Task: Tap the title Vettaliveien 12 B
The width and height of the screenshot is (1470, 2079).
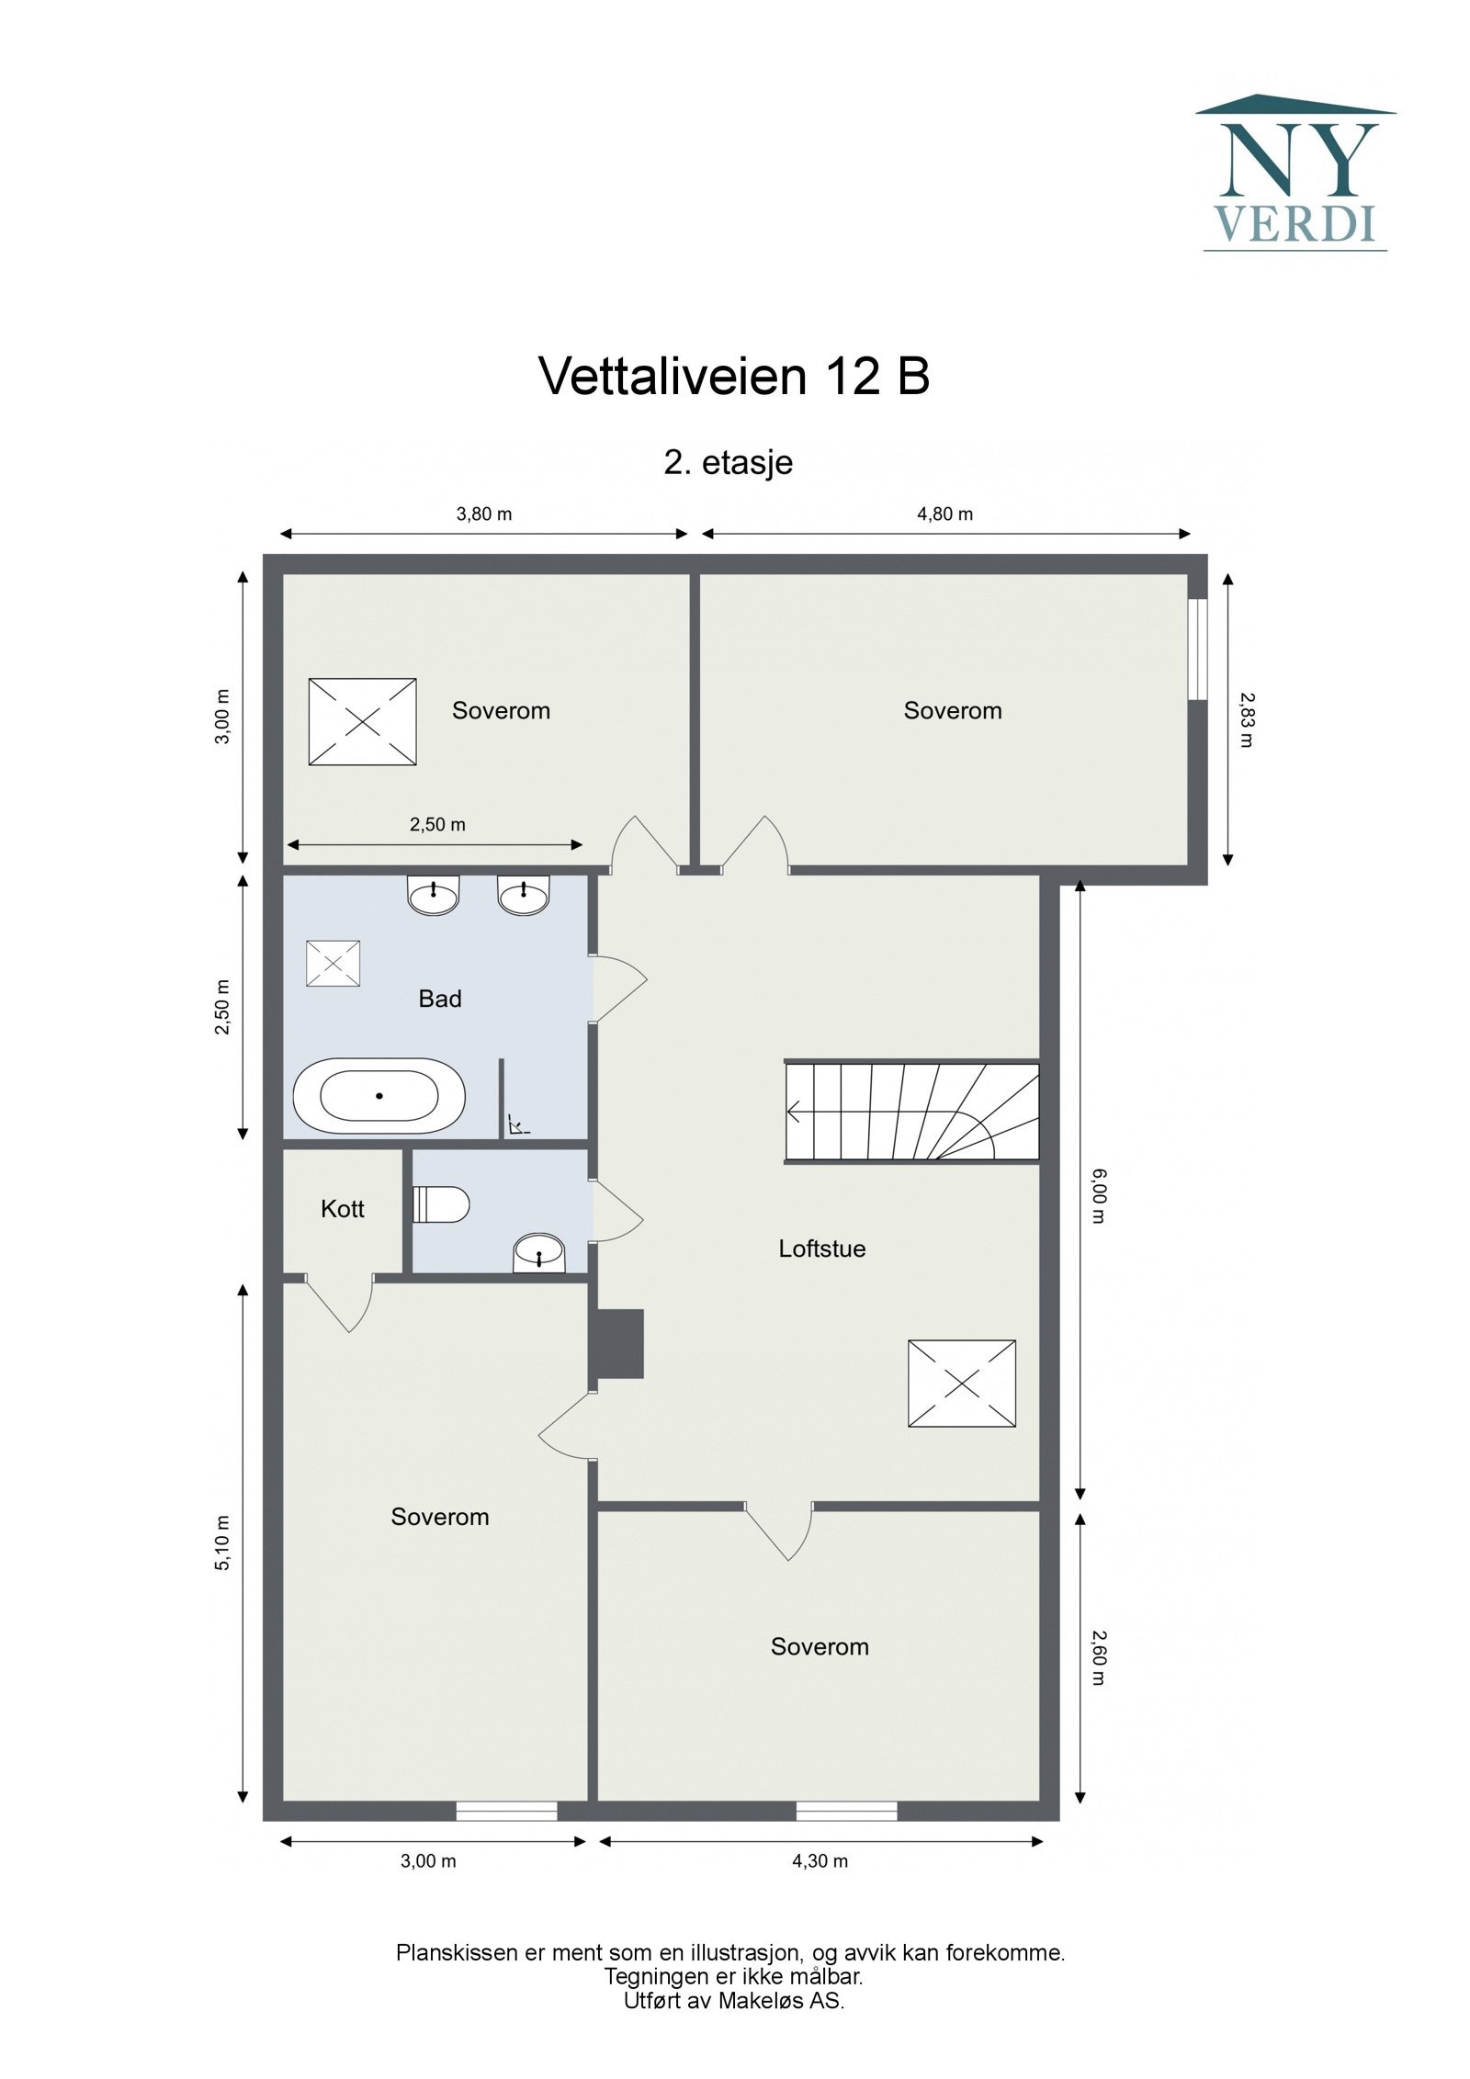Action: click(733, 377)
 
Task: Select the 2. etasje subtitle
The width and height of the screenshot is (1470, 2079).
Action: click(728, 462)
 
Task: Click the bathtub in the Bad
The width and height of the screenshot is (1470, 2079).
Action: click(379, 1096)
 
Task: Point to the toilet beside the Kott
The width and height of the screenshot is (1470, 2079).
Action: click(443, 1204)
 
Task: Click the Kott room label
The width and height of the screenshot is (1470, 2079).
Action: click(342, 1209)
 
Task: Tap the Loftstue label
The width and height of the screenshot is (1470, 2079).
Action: click(821, 1249)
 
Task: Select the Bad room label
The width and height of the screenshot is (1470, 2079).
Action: click(439, 999)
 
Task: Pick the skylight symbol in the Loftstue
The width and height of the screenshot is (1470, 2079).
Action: click(961, 1383)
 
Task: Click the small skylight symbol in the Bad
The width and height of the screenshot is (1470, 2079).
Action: click(333, 964)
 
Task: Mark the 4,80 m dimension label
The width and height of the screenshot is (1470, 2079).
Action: click(944, 514)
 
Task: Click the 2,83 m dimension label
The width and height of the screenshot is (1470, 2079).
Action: click(1245, 719)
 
